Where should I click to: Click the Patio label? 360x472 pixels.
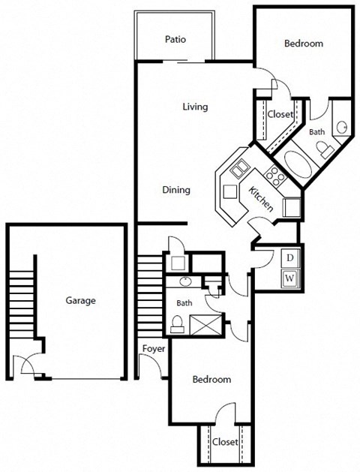click(175, 40)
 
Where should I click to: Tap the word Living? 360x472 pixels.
click(195, 107)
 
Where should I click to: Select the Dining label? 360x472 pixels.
click(176, 190)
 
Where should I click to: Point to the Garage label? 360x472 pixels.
click(80, 301)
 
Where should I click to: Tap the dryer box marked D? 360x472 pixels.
click(289, 258)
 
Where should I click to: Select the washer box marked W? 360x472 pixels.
click(289, 278)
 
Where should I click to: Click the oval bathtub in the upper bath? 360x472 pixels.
click(293, 167)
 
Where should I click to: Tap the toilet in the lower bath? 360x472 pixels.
click(177, 324)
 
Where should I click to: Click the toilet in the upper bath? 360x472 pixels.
click(326, 150)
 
